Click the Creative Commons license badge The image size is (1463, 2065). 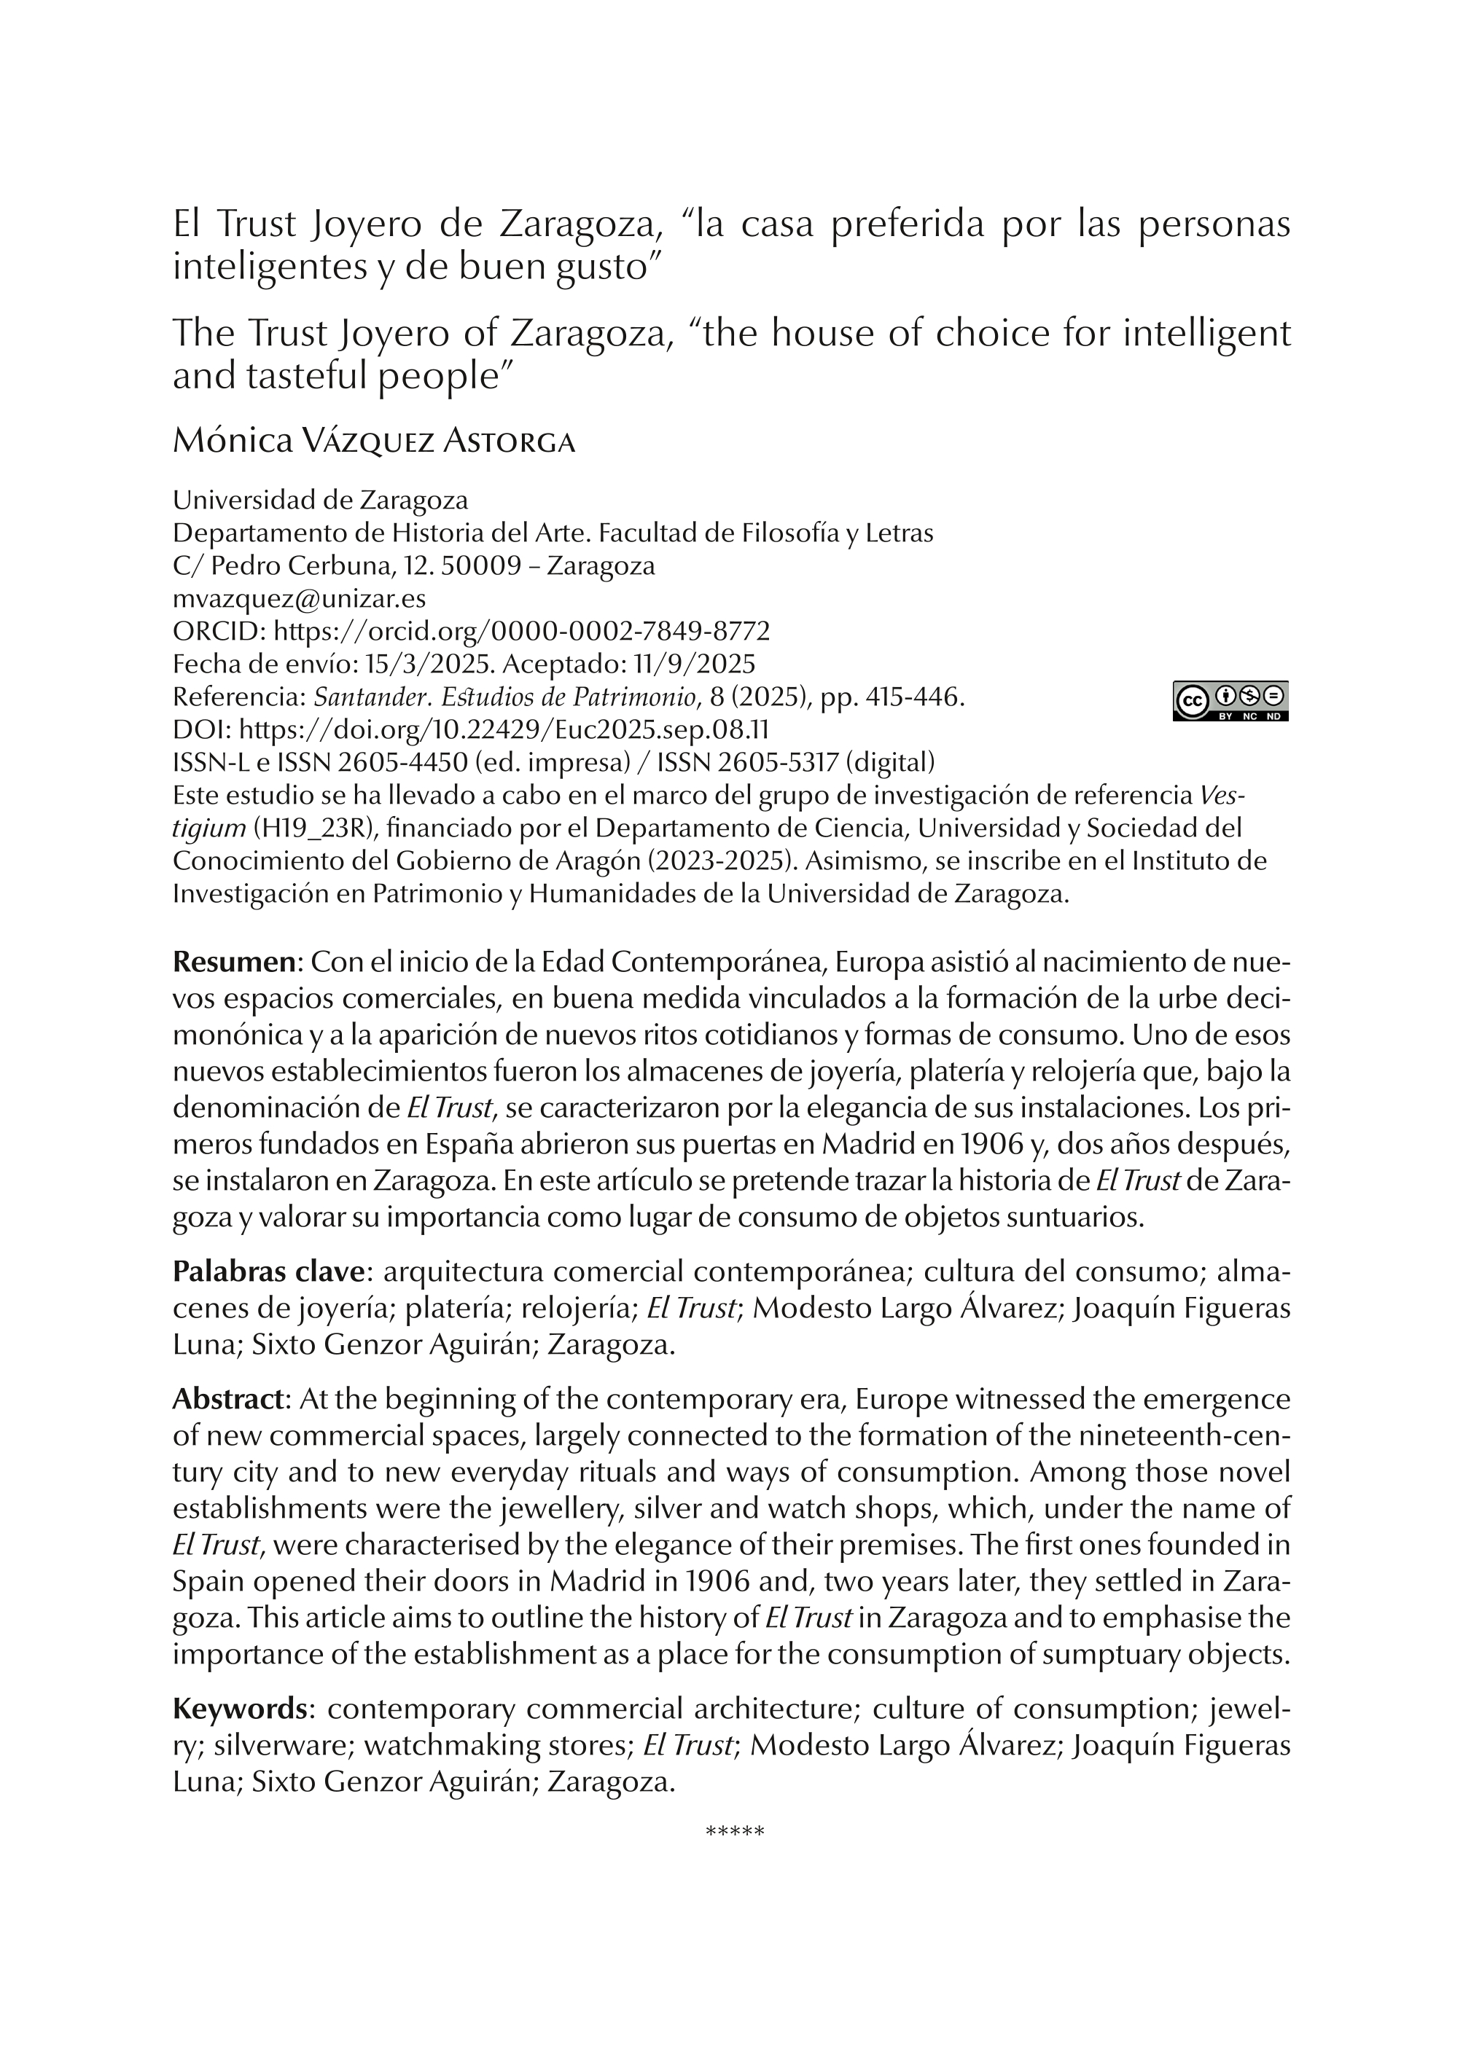click(x=1230, y=701)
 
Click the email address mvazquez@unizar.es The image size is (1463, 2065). click(x=299, y=599)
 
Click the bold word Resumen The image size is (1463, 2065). click(x=234, y=963)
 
